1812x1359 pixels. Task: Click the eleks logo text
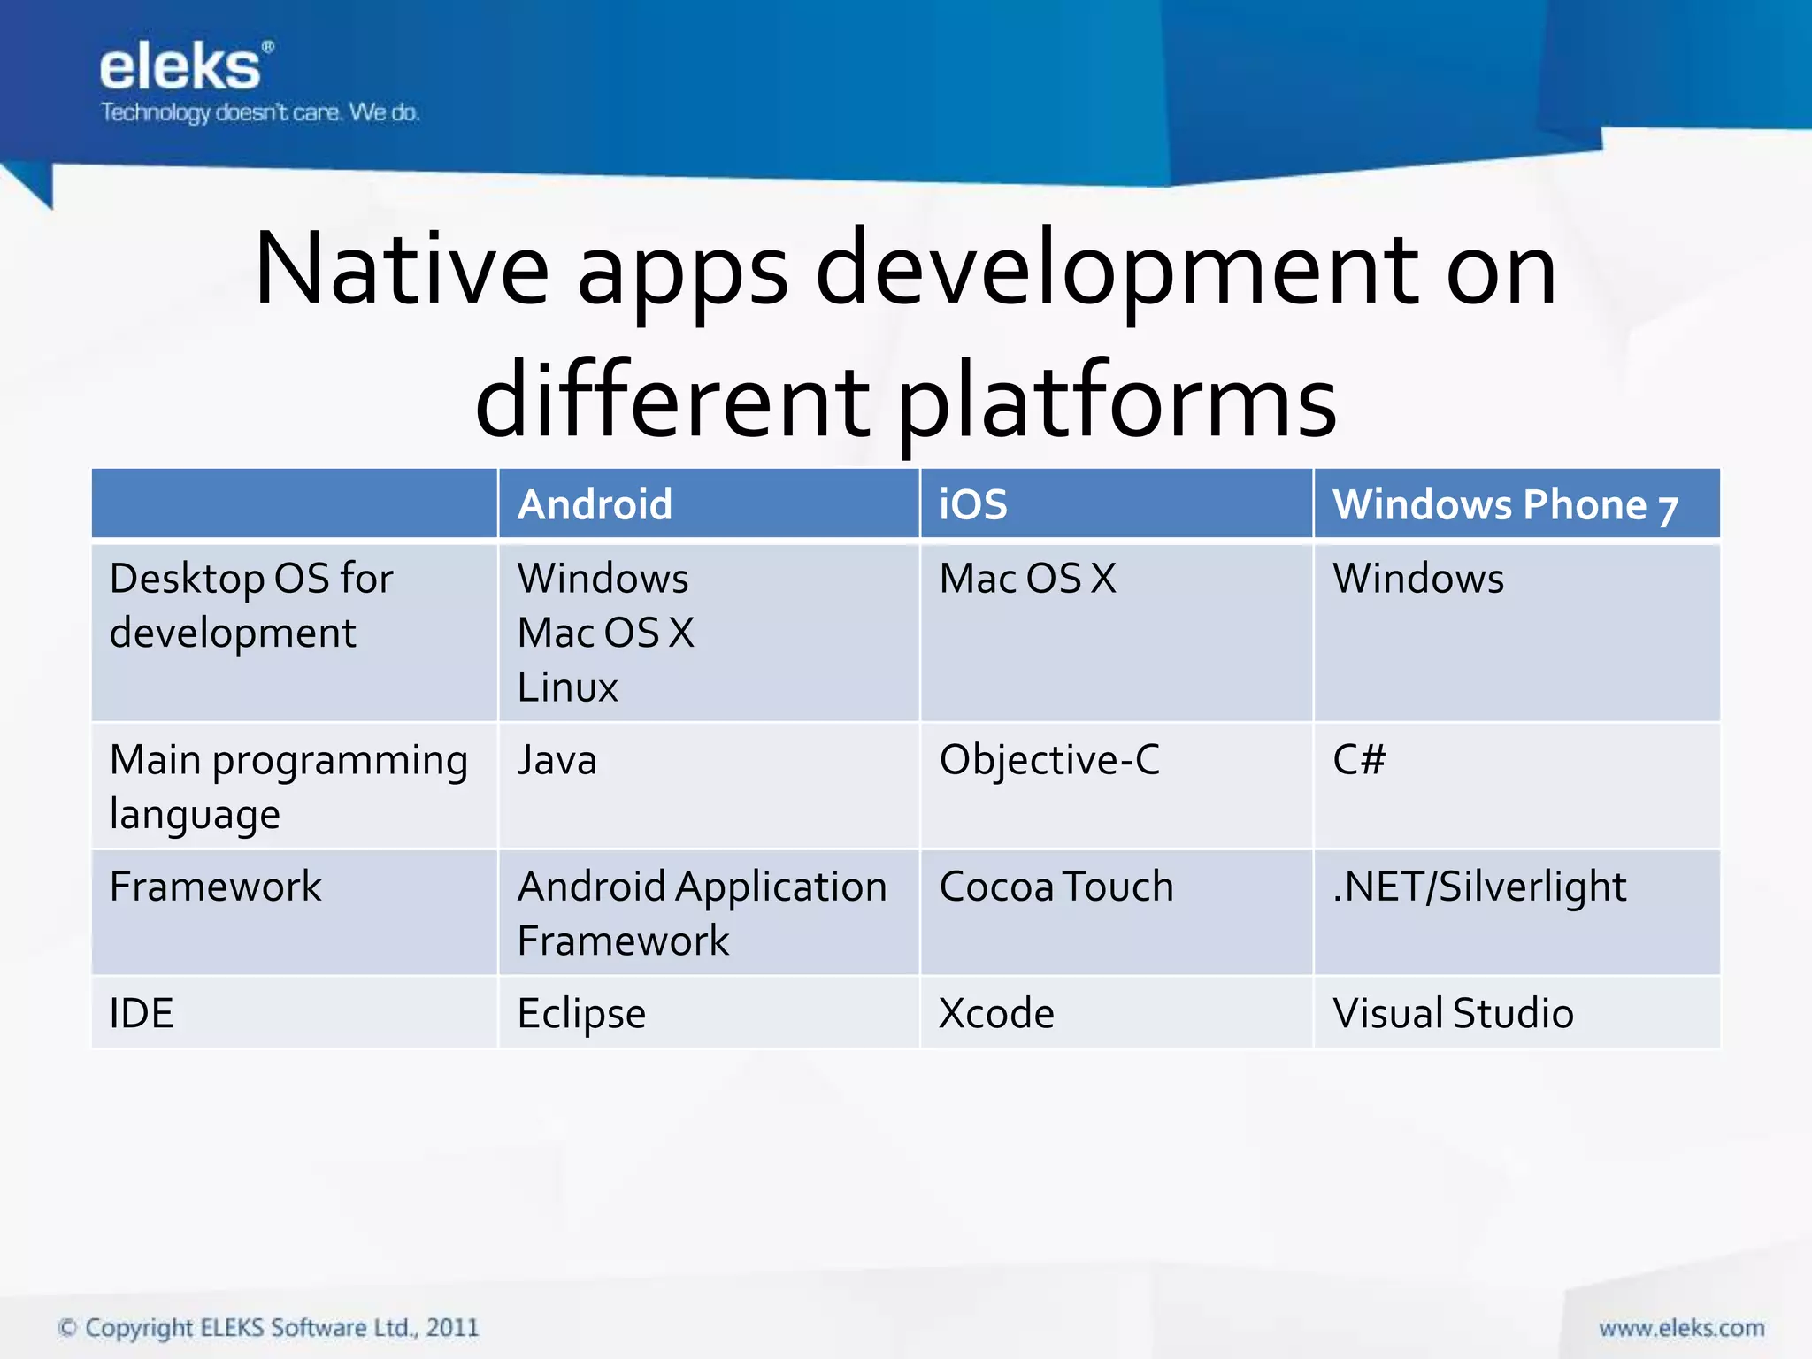click(x=181, y=68)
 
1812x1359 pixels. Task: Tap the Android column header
click(x=595, y=504)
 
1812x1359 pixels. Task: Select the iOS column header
click(x=972, y=504)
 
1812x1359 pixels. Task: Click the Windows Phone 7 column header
click(x=1504, y=505)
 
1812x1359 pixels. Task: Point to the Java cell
click(x=557, y=760)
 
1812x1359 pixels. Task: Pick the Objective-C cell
click(x=1049, y=760)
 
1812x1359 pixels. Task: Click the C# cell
click(x=1359, y=760)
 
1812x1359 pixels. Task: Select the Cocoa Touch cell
click(x=1056, y=887)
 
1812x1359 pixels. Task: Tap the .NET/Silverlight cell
click(x=1479, y=887)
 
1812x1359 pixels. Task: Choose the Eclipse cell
click(x=581, y=1014)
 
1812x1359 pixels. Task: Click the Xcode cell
click(x=996, y=1014)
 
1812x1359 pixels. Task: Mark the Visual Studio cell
click(x=1453, y=1014)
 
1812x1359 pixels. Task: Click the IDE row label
click(x=142, y=1014)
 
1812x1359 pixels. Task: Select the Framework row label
click(x=215, y=887)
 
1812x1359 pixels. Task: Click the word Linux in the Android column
click(x=567, y=687)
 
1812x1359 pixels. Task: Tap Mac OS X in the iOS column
click(x=1027, y=579)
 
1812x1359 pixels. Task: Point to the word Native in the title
click(x=401, y=269)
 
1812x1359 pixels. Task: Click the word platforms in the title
click(x=1117, y=403)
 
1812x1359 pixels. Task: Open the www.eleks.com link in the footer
click(x=1681, y=1328)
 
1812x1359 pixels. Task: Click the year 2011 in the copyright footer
click(x=452, y=1328)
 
